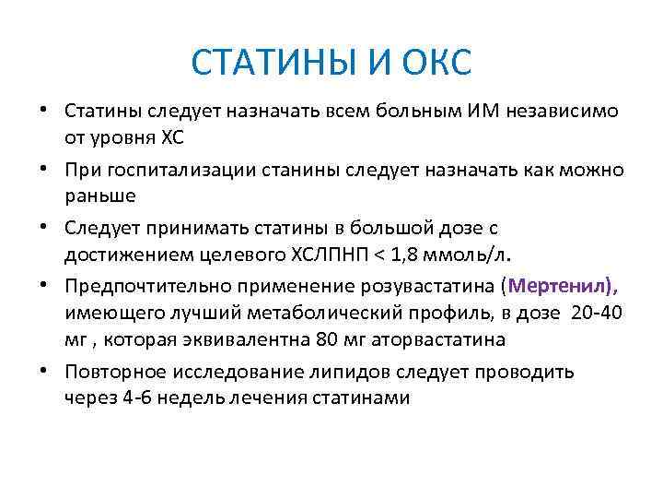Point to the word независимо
click(x=572, y=113)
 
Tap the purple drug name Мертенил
click(x=559, y=287)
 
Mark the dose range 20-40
click(x=597, y=313)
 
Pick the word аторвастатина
click(x=433, y=338)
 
